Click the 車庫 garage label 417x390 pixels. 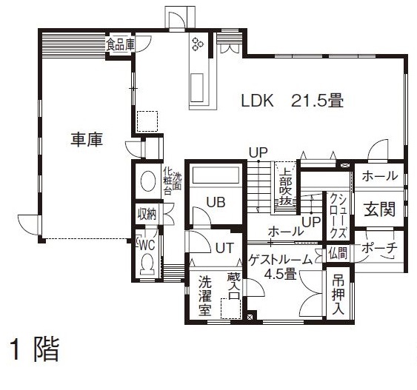[x=87, y=138]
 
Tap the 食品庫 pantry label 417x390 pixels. [x=121, y=44]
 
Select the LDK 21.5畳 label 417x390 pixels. [x=292, y=101]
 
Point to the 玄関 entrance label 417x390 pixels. [x=379, y=209]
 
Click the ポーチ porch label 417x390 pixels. [x=380, y=249]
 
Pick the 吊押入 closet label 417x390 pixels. [x=338, y=294]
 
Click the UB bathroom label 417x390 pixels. [x=216, y=201]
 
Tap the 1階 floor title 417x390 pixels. [x=33, y=349]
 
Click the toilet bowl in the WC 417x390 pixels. [x=147, y=263]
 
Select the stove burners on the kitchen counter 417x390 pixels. [x=198, y=44]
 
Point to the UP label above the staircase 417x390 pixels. [x=258, y=152]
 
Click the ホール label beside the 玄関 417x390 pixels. [x=379, y=176]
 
